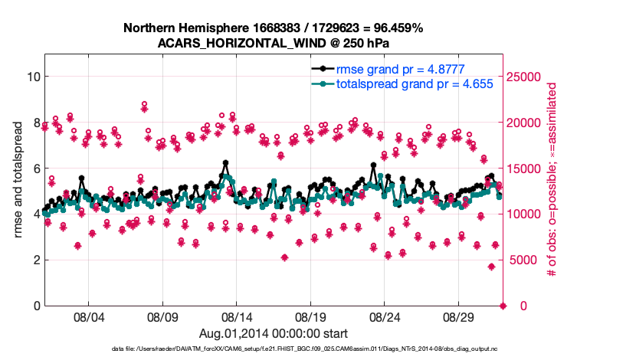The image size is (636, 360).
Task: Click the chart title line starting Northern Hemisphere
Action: pos(273,28)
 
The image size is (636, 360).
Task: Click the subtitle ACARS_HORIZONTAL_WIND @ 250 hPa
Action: pos(273,42)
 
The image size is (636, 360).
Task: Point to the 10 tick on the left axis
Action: pos(33,77)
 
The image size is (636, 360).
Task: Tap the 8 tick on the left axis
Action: pos(36,123)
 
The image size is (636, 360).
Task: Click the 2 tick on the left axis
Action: pos(36,260)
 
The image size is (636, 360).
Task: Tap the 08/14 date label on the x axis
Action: pos(237,316)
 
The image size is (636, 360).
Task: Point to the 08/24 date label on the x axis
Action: pos(385,316)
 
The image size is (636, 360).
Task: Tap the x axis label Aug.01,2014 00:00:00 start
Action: pos(273,333)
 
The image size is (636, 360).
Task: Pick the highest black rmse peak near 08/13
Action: pos(225,162)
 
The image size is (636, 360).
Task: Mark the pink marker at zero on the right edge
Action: pos(503,306)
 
